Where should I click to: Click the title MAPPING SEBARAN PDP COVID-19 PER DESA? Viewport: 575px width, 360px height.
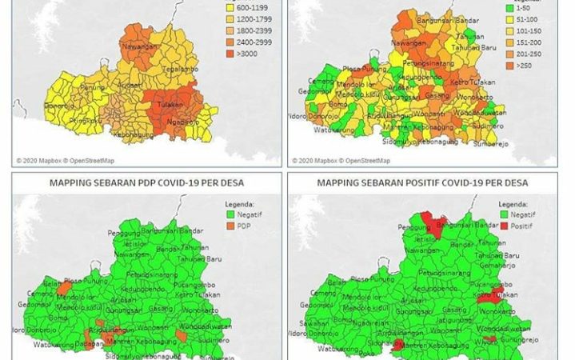tap(146, 182)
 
